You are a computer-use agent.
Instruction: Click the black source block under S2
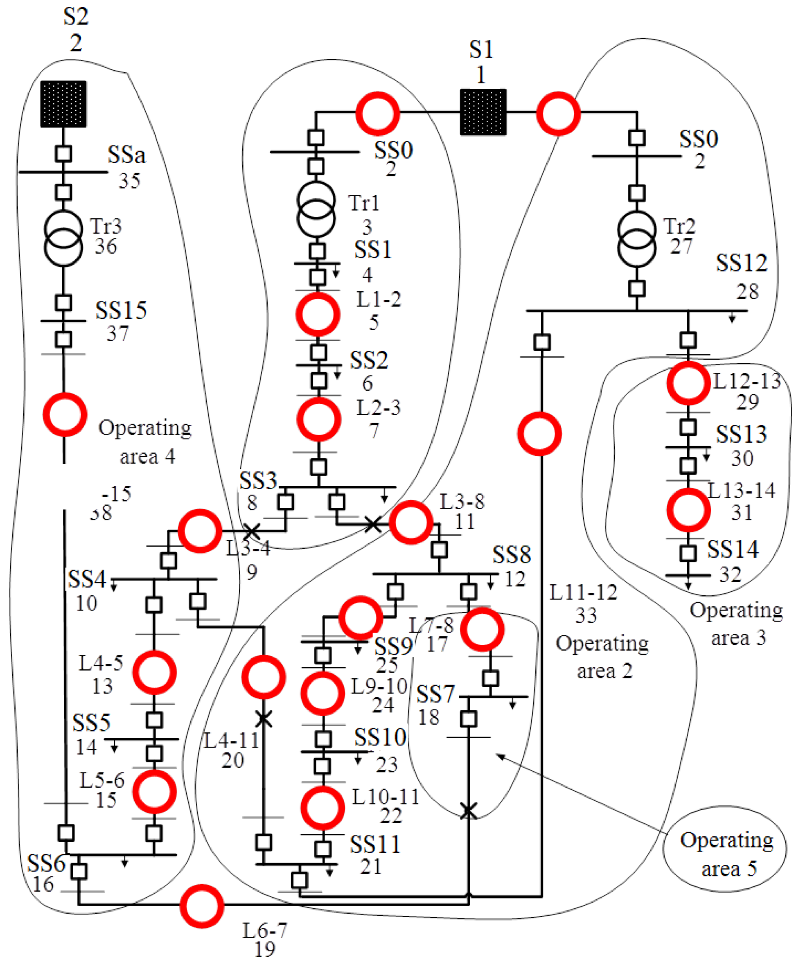(63, 104)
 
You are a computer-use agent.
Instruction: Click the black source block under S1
(483, 112)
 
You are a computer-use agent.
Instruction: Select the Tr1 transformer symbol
(316, 209)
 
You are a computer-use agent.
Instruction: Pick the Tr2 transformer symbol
(637, 239)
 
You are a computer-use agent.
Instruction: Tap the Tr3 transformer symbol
(63, 238)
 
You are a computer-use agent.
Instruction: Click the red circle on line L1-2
(318, 315)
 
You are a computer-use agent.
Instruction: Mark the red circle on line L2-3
(319, 419)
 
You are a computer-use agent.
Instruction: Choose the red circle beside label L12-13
(688, 383)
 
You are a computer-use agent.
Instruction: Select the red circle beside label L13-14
(688, 510)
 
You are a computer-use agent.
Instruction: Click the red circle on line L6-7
(202, 906)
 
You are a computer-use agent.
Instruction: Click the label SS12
(742, 263)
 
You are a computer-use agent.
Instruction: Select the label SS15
(121, 311)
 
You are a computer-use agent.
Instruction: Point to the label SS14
(733, 550)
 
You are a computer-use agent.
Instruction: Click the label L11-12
(584, 593)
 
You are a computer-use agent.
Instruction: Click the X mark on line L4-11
(263, 719)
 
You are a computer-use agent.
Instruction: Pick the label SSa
(126, 155)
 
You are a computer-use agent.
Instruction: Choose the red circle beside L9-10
(323, 693)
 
